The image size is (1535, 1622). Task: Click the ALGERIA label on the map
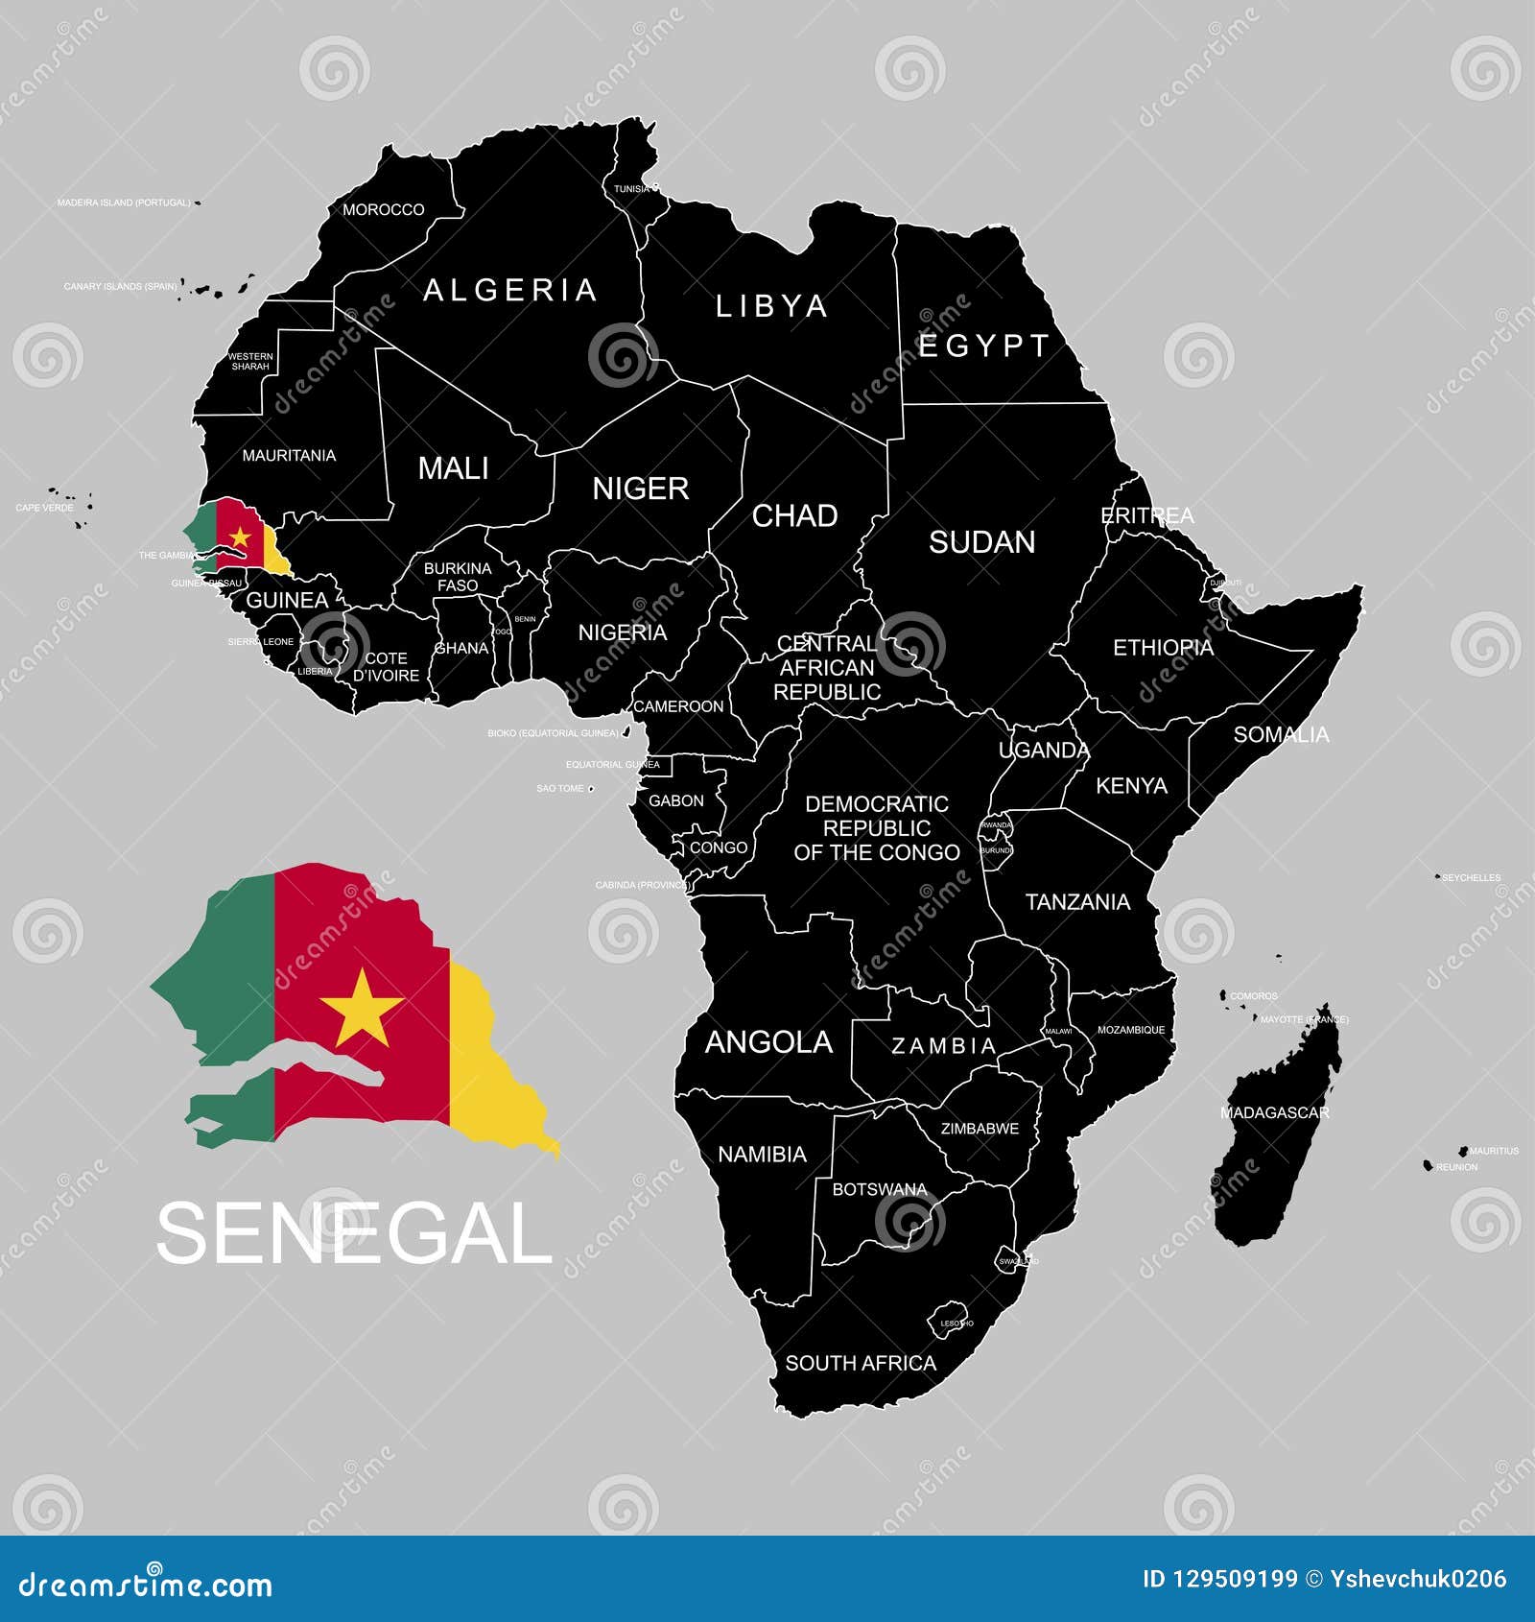[x=509, y=290]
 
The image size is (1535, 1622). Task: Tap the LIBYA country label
[x=771, y=306]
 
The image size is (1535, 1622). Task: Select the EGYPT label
[x=984, y=346]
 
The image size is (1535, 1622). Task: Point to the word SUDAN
[x=981, y=542]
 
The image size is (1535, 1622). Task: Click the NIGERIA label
[x=622, y=632]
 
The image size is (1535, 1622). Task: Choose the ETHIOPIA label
[x=1163, y=648]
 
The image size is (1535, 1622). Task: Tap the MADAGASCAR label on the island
[x=1274, y=1112]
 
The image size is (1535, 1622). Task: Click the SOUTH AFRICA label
[x=861, y=1363]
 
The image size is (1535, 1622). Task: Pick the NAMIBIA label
[x=762, y=1154]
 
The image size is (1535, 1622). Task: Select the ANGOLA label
[x=768, y=1042]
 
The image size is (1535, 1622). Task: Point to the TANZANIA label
[x=1077, y=902]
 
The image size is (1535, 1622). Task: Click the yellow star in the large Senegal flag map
[x=362, y=1008]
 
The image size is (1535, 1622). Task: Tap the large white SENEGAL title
[x=354, y=1233]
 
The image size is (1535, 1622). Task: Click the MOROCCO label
[x=384, y=209]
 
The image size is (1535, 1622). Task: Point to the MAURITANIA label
[x=289, y=455]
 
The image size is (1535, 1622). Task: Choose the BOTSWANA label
[x=879, y=1189]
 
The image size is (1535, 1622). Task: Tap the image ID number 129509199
[x=1234, y=1579]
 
